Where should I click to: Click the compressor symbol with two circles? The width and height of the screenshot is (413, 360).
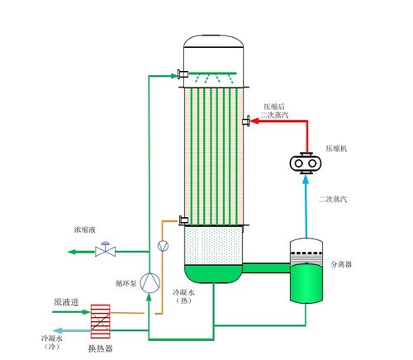[x=306, y=163]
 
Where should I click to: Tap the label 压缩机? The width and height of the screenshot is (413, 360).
[x=336, y=149]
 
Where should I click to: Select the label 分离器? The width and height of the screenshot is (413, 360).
[x=341, y=264]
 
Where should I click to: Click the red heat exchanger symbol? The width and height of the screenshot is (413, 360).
[x=101, y=321]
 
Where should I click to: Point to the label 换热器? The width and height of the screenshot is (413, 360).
[x=101, y=348]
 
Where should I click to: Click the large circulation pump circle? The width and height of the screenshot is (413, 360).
[x=150, y=282]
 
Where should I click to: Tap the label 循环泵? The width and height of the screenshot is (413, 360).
[x=126, y=283]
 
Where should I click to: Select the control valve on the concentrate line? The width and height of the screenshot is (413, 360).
[x=105, y=249]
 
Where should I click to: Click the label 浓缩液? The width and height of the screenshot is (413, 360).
[x=85, y=230]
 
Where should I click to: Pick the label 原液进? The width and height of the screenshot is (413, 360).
[x=66, y=302]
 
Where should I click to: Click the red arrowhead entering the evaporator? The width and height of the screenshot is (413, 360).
[x=254, y=121]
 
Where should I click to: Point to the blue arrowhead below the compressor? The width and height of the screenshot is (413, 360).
[x=306, y=180]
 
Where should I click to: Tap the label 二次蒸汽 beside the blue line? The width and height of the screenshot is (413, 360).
[x=333, y=199]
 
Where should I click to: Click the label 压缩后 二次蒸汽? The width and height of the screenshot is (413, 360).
[x=274, y=111]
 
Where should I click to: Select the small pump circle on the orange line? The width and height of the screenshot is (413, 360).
[x=163, y=246]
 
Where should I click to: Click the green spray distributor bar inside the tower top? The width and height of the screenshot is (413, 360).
[x=212, y=73]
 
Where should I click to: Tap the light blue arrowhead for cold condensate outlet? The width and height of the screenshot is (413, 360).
[x=58, y=330]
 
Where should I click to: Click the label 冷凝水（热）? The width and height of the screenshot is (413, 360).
[x=183, y=296]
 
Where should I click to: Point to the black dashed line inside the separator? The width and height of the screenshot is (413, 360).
[x=306, y=253]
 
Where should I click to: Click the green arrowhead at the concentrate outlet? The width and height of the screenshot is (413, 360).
[x=72, y=252]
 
